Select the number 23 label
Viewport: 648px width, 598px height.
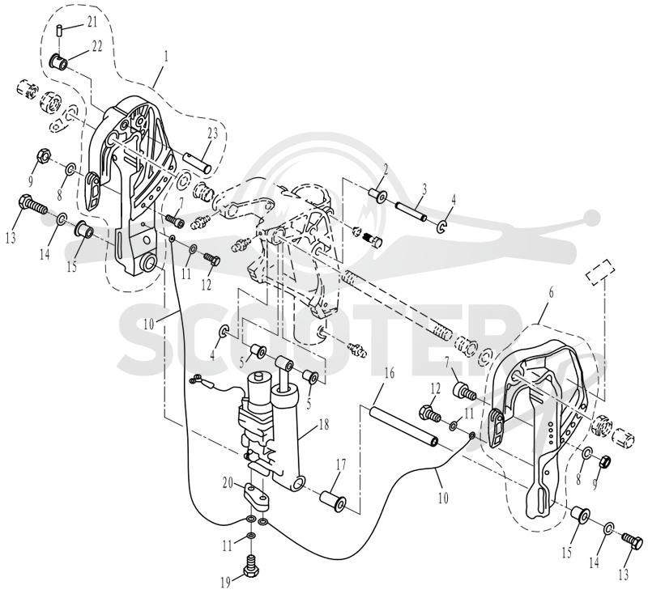point(212,134)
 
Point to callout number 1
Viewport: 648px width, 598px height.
point(166,57)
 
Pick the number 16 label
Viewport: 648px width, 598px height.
point(389,374)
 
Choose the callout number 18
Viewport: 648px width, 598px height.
point(324,425)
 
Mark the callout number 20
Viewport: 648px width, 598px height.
point(228,482)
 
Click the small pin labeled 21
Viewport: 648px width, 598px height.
point(59,30)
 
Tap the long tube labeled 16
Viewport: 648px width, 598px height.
point(403,428)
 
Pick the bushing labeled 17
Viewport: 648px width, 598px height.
point(333,500)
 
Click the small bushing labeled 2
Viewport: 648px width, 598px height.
point(378,194)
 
